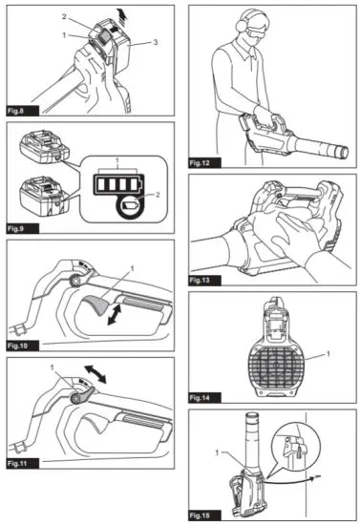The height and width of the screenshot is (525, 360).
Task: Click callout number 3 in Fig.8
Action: [x=155, y=42]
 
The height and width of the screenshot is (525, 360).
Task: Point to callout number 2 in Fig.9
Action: [x=158, y=195]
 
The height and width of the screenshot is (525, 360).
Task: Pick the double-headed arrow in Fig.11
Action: [x=95, y=374]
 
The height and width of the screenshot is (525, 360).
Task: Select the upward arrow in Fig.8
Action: [x=125, y=15]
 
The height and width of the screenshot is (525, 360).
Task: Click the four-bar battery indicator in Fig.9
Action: [x=118, y=184]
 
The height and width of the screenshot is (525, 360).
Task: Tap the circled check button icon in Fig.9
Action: [x=131, y=205]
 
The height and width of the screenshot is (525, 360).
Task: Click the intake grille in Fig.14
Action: [x=276, y=367]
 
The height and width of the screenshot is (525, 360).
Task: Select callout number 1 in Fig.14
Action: [x=328, y=353]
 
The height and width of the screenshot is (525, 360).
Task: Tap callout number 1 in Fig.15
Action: [x=217, y=452]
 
